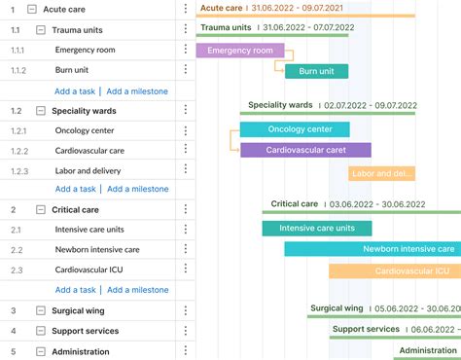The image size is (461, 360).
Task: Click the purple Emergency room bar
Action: [x=240, y=50]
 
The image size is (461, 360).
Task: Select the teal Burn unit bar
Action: [x=316, y=71]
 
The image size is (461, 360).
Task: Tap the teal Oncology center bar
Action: [x=295, y=129]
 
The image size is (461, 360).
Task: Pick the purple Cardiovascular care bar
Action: [x=305, y=150]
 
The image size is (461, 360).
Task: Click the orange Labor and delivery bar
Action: [x=381, y=173]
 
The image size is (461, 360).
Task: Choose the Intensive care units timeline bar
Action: [x=316, y=229]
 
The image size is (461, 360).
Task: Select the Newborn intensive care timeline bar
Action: [x=372, y=249]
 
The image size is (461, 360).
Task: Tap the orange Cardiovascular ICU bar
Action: [x=394, y=271]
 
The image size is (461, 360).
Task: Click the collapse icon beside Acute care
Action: [x=32, y=9]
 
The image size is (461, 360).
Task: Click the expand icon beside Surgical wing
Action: [x=40, y=311]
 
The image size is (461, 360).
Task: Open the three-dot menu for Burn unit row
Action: [x=185, y=70]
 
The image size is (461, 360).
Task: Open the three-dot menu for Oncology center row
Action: [x=185, y=130]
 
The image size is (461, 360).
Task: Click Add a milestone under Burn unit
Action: [x=137, y=91]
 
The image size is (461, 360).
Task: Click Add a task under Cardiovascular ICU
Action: [x=76, y=290]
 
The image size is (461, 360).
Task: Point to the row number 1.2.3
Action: [x=19, y=171]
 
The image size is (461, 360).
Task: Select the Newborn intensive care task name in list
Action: [x=97, y=250]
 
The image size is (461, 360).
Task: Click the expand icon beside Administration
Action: [x=40, y=351]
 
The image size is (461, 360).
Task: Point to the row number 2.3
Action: [x=16, y=270]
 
